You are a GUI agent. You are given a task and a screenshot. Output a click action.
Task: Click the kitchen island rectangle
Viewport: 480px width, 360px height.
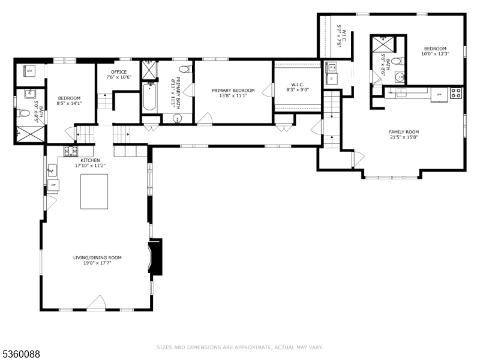(x=94, y=191)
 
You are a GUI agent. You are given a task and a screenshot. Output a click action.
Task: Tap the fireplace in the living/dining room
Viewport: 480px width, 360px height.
(x=155, y=257)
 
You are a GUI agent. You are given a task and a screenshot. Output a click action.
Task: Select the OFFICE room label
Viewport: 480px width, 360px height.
(x=118, y=72)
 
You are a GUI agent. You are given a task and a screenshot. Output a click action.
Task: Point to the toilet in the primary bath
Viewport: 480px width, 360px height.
(x=184, y=69)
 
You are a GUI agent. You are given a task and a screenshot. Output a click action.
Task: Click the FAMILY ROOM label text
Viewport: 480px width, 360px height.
(x=404, y=132)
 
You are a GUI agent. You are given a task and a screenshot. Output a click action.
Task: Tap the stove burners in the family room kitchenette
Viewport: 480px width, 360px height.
(x=456, y=93)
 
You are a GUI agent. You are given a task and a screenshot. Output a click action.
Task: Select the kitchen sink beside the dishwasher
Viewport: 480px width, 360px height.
(x=52, y=172)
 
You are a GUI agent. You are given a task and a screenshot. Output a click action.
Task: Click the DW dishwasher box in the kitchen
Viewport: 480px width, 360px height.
(x=53, y=185)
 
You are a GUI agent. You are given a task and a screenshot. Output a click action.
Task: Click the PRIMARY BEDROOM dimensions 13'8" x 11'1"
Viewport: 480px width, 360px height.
(x=233, y=96)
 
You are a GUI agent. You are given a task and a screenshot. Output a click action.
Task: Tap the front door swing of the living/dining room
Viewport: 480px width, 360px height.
(x=97, y=304)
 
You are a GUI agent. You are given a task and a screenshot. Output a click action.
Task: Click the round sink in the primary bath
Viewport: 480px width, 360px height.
(x=178, y=119)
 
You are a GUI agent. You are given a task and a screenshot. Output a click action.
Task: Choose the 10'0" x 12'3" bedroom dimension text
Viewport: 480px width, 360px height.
(x=435, y=54)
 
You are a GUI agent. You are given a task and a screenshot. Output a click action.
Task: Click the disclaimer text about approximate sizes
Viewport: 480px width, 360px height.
(x=240, y=347)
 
